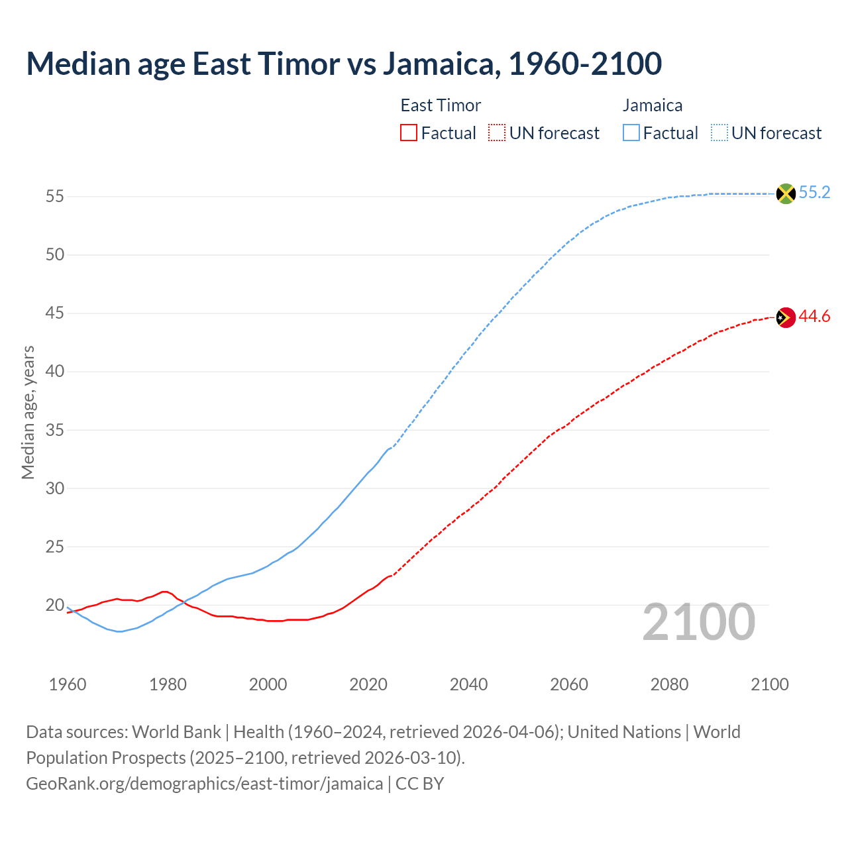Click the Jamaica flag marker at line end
click(x=786, y=193)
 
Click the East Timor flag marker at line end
click(x=786, y=317)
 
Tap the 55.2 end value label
click(x=814, y=193)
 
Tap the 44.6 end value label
click(x=814, y=317)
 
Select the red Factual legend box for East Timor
click(x=409, y=133)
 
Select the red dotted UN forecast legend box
click(x=497, y=133)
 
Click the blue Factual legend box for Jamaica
click(x=631, y=133)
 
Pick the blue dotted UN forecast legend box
click(x=719, y=133)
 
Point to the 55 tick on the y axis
click(x=54, y=197)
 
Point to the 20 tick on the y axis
click(x=54, y=606)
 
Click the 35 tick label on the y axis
click(x=54, y=431)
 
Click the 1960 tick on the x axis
click(x=68, y=684)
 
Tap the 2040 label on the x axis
click(x=468, y=684)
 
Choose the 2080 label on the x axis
click(x=669, y=684)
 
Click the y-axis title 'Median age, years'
click(x=28, y=412)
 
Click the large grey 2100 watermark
click(x=699, y=622)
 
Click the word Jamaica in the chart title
click(x=438, y=64)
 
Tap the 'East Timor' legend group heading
click(x=441, y=105)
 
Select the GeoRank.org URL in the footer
click(x=204, y=784)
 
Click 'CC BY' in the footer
click(x=419, y=784)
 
